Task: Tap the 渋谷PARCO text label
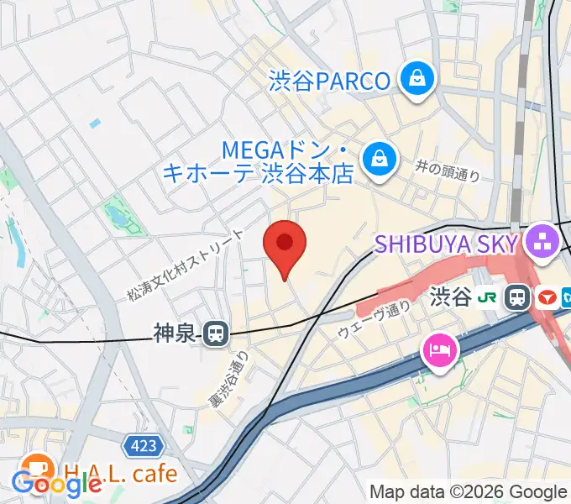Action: [330, 81]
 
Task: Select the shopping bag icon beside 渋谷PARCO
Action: [415, 80]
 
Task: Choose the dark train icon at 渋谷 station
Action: [518, 297]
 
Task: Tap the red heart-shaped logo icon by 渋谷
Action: [547, 297]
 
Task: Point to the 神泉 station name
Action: [175, 334]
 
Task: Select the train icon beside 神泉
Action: [216, 334]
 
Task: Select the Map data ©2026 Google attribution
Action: [469, 492]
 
